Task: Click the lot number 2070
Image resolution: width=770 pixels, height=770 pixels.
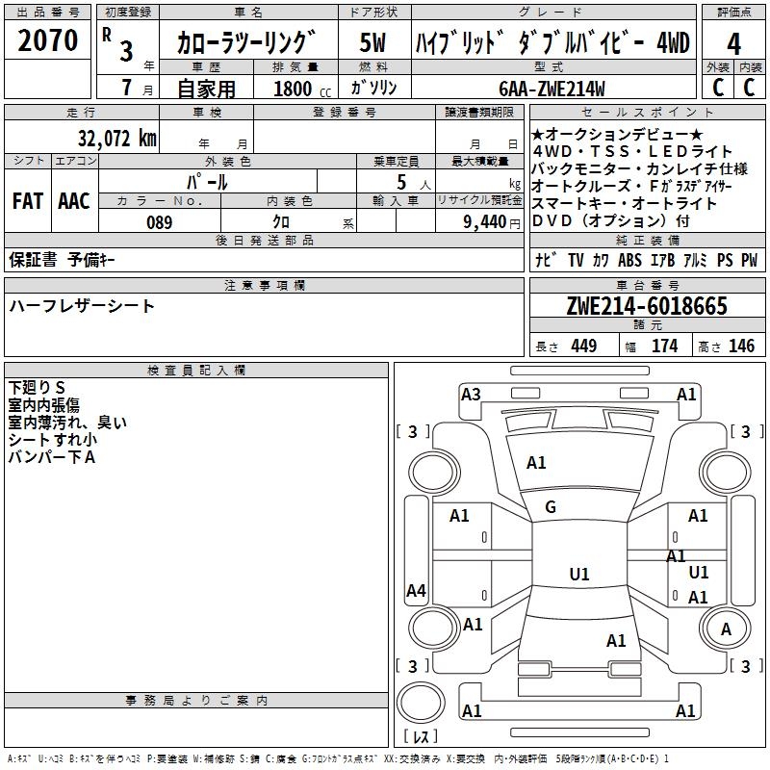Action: (x=48, y=40)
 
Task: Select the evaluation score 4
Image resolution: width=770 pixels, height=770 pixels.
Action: (x=733, y=43)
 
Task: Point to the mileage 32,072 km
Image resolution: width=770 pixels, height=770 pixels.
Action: (x=116, y=139)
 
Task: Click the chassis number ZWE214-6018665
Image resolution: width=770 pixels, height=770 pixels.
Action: (x=647, y=307)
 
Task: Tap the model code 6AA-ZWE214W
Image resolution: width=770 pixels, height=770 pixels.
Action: (x=552, y=89)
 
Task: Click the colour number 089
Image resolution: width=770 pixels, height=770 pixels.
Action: (x=159, y=222)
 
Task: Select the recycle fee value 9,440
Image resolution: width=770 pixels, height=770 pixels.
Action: (x=485, y=222)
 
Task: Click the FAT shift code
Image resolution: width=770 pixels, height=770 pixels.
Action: (x=27, y=201)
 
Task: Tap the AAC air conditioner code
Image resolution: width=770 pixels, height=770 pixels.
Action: (x=74, y=201)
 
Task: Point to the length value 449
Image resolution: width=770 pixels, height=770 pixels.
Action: (x=583, y=346)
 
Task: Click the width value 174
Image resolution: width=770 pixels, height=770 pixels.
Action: (x=664, y=346)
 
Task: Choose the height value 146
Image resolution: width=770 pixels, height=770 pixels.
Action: (x=741, y=346)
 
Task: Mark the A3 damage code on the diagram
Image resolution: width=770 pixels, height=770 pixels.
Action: (x=471, y=394)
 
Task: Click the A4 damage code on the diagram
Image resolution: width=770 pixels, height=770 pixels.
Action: (x=416, y=591)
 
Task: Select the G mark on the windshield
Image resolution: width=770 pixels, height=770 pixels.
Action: (x=551, y=507)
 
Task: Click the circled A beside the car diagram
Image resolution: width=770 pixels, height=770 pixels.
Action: (x=727, y=629)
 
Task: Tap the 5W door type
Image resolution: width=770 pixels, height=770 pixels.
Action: (x=372, y=43)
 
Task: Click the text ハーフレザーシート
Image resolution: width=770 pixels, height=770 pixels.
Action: (x=82, y=306)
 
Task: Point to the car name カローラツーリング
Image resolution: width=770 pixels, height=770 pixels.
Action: (x=246, y=43)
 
